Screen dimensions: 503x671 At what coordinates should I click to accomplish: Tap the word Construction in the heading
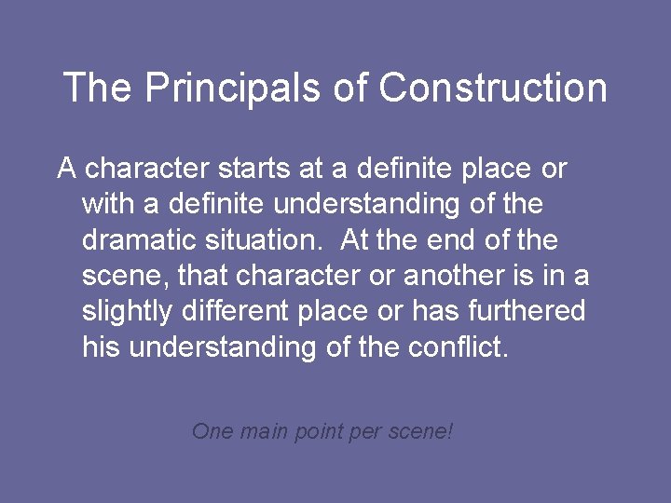494,88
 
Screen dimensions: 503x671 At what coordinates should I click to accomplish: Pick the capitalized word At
355,240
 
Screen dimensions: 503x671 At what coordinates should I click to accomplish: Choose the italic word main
267,431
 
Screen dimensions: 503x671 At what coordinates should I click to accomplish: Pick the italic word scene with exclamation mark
420,431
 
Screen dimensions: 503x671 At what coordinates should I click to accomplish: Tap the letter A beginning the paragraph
67,170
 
